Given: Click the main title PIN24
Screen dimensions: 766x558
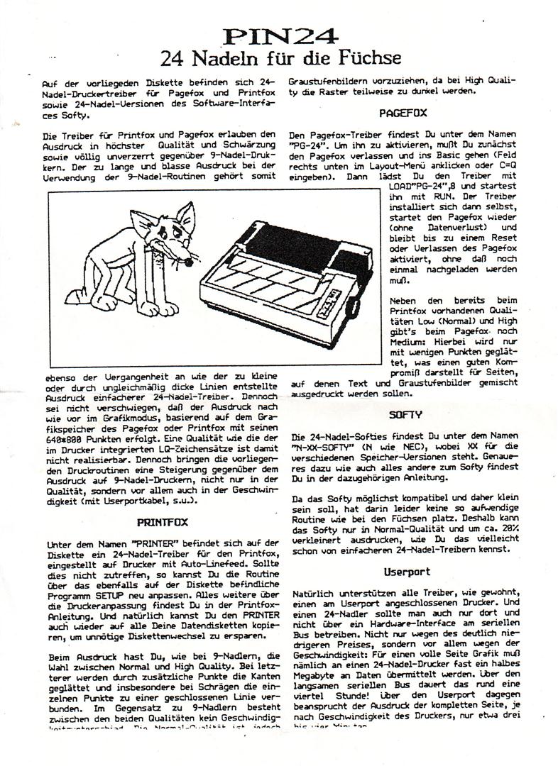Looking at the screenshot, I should (278, 35).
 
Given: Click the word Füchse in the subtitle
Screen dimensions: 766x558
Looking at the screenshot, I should (363, 57).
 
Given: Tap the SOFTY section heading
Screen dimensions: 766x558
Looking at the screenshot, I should (405, 414).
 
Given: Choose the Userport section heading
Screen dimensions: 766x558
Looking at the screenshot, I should (407, 572).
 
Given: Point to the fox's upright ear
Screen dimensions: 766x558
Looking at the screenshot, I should (187, 216).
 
